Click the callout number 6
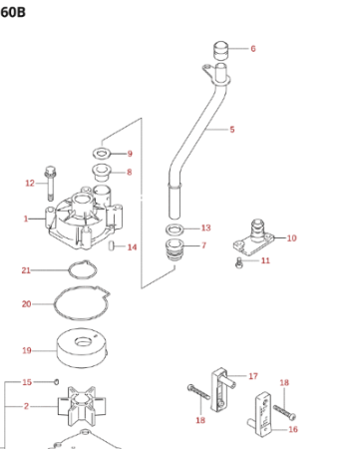click(x=253, y=49)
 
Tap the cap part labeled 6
click(x=220, y=51)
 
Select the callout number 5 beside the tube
click(x=232, y=130)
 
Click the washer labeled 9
click(x=102, y=154)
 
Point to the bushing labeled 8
click(x=101, y=173)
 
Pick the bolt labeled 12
click(x=50, y=184)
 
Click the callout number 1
click(x=26, y=219)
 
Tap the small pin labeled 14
click(x=112, y=245)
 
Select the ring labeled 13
click(x=175, y=228)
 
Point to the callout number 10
click(x=291, y=238)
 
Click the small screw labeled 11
click(x=239, y=262)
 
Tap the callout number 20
click(x=27, y=304)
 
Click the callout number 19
click(x=27, y=350)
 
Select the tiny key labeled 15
click(x=57, y=382)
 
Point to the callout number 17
click(x=253, y=376)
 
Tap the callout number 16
click(x=293, y=429)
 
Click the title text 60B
click(x=13, y=12)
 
